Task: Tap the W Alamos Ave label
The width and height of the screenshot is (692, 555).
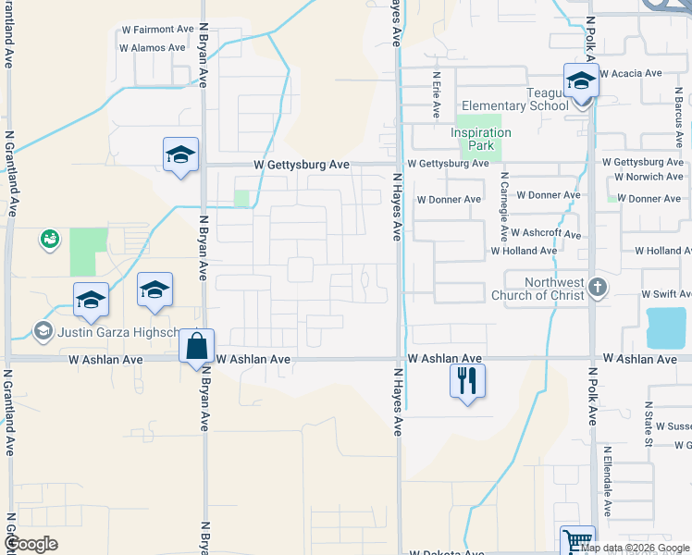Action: click(x=153, y=47)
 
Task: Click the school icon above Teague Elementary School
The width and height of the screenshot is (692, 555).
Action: click(x=581, y=80)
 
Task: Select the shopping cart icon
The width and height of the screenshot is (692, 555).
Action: click(x=577, y=540)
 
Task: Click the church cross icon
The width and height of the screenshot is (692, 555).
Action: click(x=598, y=287)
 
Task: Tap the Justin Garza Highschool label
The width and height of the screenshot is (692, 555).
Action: click(x=105, y=332)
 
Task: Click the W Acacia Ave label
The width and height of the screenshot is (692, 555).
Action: click(x=631, y=73)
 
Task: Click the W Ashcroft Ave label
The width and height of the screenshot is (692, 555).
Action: click(x=545, y=234)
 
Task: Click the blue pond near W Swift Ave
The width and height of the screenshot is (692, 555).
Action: click(x=666, y=327)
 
